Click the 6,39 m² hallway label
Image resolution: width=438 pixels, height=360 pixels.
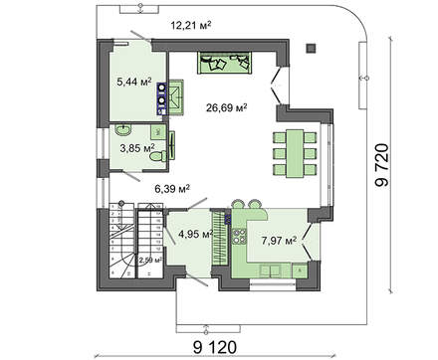171,186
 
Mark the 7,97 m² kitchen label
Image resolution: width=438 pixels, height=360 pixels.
278,239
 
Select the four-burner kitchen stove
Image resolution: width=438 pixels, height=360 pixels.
239,236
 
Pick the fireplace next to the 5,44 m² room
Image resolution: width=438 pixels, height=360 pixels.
174,95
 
